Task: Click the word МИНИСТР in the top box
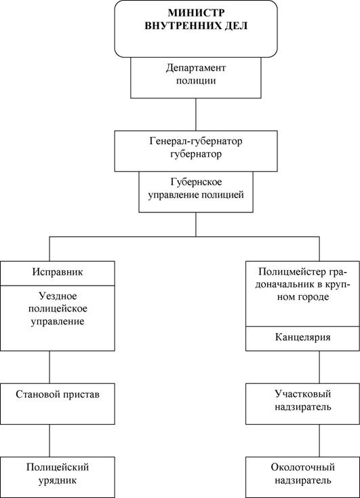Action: point(196,13)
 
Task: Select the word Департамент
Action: point(196,68)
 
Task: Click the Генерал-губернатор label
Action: point(196,141)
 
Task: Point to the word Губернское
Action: point(196,183)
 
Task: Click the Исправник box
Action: point(58,273)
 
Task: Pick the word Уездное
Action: point(58,296)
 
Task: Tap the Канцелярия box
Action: point(302,339)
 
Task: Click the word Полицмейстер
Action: point(292,272)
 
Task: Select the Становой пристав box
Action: point(58,404)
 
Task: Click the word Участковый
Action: point(303,394)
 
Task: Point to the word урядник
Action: point(58,480)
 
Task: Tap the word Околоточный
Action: point(303,467)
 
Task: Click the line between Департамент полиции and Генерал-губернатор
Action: point(195,115)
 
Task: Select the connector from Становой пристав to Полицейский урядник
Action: point(49,440)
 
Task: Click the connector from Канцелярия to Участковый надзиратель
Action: point(319,367)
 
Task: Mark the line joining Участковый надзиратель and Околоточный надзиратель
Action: point(319,440)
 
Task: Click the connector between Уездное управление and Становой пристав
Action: point(49,367)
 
